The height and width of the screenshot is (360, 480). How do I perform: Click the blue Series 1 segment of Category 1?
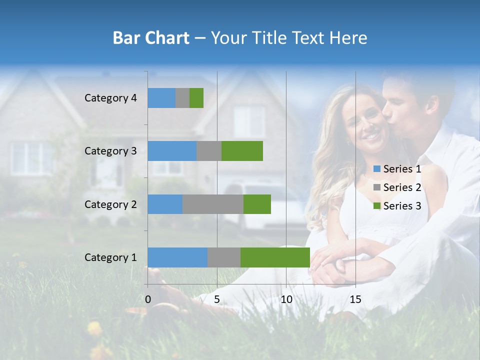(x=177, y=257)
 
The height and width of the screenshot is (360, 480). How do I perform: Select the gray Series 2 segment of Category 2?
(x=213, y=204)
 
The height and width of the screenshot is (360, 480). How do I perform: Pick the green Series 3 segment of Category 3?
(x=242, y=151)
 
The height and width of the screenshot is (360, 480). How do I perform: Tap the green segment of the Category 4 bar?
(x=196, y=98)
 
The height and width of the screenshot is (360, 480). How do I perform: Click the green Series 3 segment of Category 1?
(x=275, y=257)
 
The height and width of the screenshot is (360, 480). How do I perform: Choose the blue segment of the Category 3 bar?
(x=172, y=151)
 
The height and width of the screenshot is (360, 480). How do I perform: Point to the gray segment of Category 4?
(x=182, y=98)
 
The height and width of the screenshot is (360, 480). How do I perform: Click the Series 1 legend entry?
(x=397, y=169)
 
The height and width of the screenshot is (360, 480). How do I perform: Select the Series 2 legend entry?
(x=397, y=188)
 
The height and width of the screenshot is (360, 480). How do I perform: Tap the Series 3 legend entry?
(x=397, y=206)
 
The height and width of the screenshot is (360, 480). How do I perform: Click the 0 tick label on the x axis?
(x=148, y=299)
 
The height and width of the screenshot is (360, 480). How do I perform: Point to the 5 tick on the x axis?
(x=217, y=299)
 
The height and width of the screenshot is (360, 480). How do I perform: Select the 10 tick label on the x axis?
(x=286, y=299)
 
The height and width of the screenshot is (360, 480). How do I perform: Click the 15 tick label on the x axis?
(x=355, y=299)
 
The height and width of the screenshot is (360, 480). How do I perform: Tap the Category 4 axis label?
(x=110, y=98)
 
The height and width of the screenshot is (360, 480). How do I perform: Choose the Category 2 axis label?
(x=110, y=204)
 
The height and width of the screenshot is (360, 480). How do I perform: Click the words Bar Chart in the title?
(x=151, y=38)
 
